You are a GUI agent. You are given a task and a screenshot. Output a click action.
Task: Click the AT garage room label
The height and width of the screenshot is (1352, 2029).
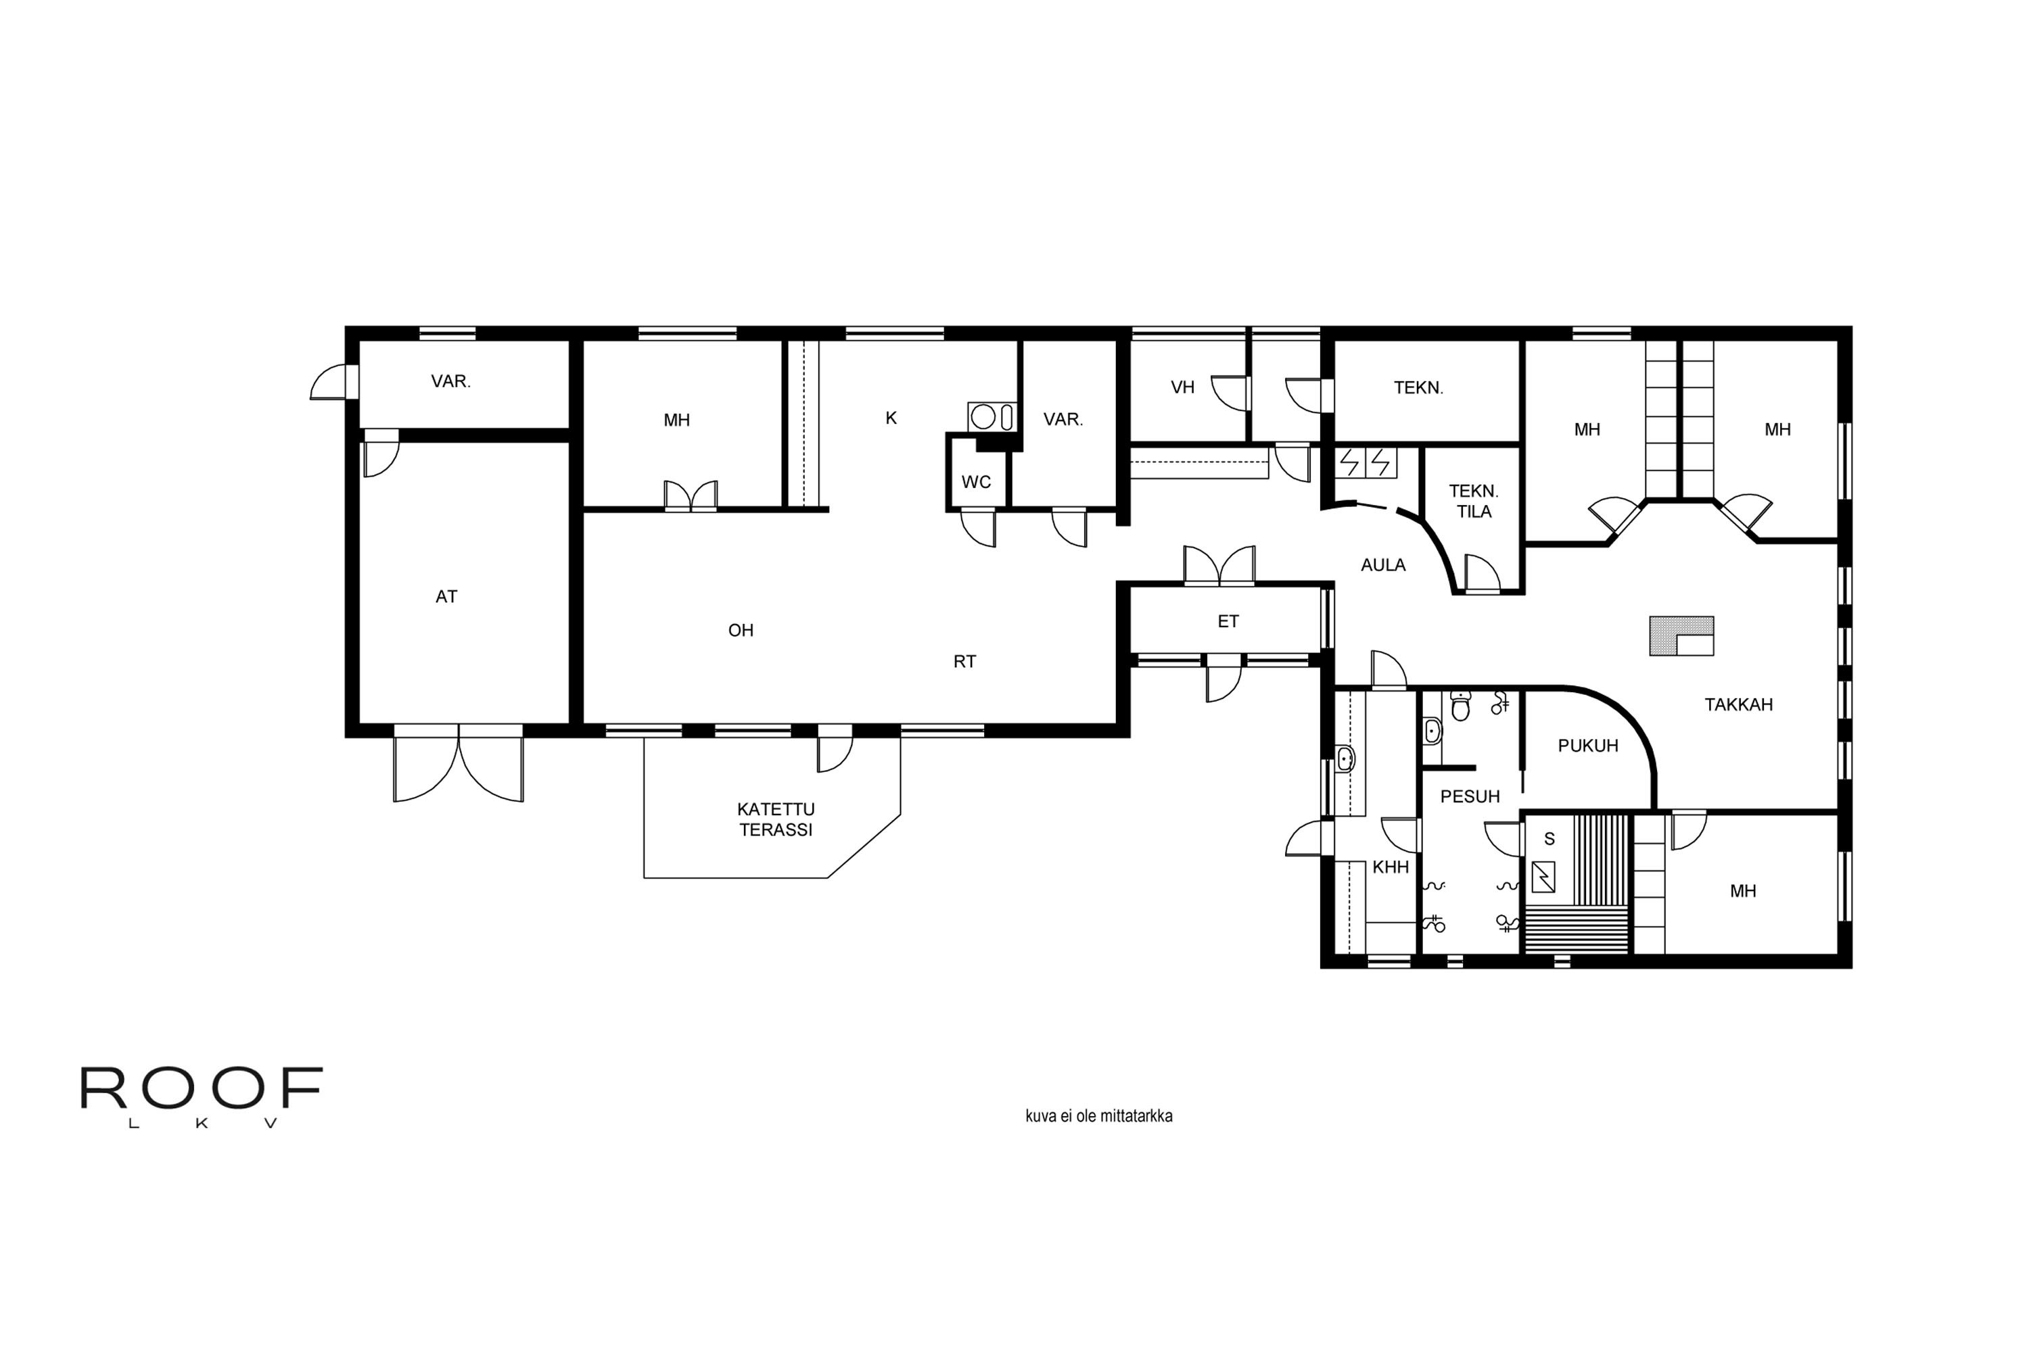(x=446, y=597)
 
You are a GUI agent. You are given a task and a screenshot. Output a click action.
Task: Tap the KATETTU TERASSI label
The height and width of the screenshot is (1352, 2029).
(x=776, y=819)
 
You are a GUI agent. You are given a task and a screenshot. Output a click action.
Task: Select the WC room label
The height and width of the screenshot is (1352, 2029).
(x=976, y=482)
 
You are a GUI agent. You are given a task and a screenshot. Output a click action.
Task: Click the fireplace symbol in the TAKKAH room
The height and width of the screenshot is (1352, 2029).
(x=1681, y=636)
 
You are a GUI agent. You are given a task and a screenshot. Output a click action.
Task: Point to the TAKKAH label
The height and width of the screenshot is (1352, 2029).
(x=1738, y=704)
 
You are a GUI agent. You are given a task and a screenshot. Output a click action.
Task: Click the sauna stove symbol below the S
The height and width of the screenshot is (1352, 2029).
(x=1543, y=877)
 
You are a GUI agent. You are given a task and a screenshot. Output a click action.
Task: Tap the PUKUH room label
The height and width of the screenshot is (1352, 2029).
(x=1587, y=746)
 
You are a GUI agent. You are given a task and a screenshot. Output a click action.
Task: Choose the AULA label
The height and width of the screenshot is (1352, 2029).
(x=1383, y=564)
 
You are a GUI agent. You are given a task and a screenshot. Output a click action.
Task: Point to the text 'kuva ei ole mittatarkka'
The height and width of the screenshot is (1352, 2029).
(x=1098, y=1116)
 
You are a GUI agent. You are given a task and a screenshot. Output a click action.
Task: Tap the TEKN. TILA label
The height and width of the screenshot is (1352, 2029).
(x=1474, y=501)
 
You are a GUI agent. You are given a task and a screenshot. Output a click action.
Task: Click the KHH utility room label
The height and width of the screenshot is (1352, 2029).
(x=1390, y=867)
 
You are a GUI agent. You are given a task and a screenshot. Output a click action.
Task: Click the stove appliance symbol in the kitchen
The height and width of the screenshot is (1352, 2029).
(x=992, y=416)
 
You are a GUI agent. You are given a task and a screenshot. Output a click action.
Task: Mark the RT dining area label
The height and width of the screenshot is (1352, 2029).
(x=964, y=661)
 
